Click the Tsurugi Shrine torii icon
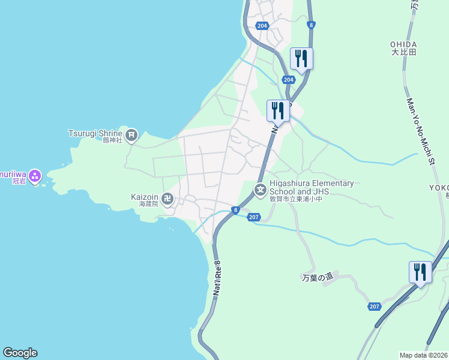point(131,134)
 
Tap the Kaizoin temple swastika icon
point(167,198)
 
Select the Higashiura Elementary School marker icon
point(261,191)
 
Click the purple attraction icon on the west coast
point(34,175)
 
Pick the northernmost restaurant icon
point(301,58)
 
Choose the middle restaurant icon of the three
point(277,110)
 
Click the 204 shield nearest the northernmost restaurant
point(289,80)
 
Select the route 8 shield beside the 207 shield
point(236,210)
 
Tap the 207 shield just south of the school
point(253,217)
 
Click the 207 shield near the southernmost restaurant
point(375,307)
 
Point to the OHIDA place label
point(403,44)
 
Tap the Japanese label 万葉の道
point(316,278)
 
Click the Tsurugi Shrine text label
point(95,133)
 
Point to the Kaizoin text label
point(145,196)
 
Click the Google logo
point(20,353)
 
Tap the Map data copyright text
point(424,355)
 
